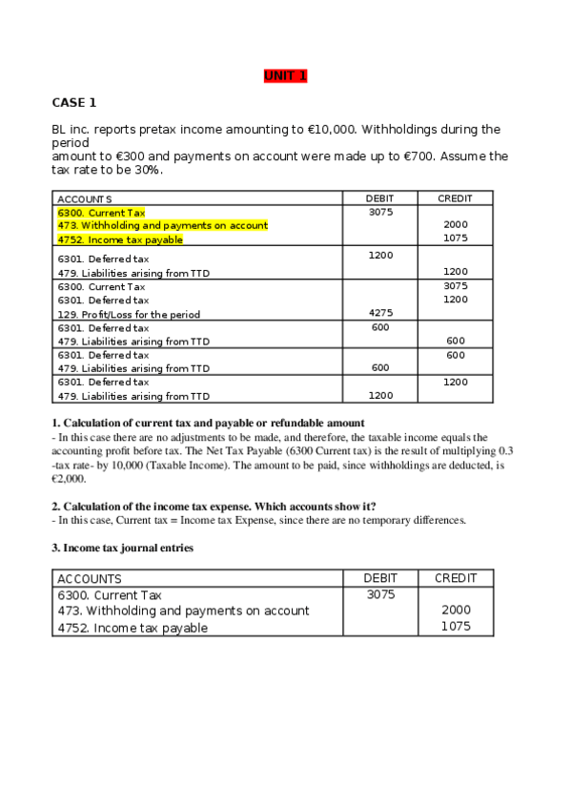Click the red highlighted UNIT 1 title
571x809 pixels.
click(285, 76)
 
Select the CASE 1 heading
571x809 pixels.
click(73, 102)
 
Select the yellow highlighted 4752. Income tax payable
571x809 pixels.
click(120, 239)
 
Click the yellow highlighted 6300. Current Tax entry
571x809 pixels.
click(101, 213)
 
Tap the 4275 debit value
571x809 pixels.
click(379, 313)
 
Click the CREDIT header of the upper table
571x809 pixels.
click(455, 198)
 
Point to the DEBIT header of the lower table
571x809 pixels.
click(380, 578)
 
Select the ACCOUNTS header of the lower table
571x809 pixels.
click(90, 579)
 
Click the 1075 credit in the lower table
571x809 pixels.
click(455, 627)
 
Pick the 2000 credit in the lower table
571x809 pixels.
click(456, 611)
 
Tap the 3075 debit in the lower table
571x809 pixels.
click(380, 594)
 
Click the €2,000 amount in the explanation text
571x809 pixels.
click(69, 479)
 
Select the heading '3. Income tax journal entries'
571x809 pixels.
click(122, 548)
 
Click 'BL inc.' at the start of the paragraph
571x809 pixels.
click(71, 130)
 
